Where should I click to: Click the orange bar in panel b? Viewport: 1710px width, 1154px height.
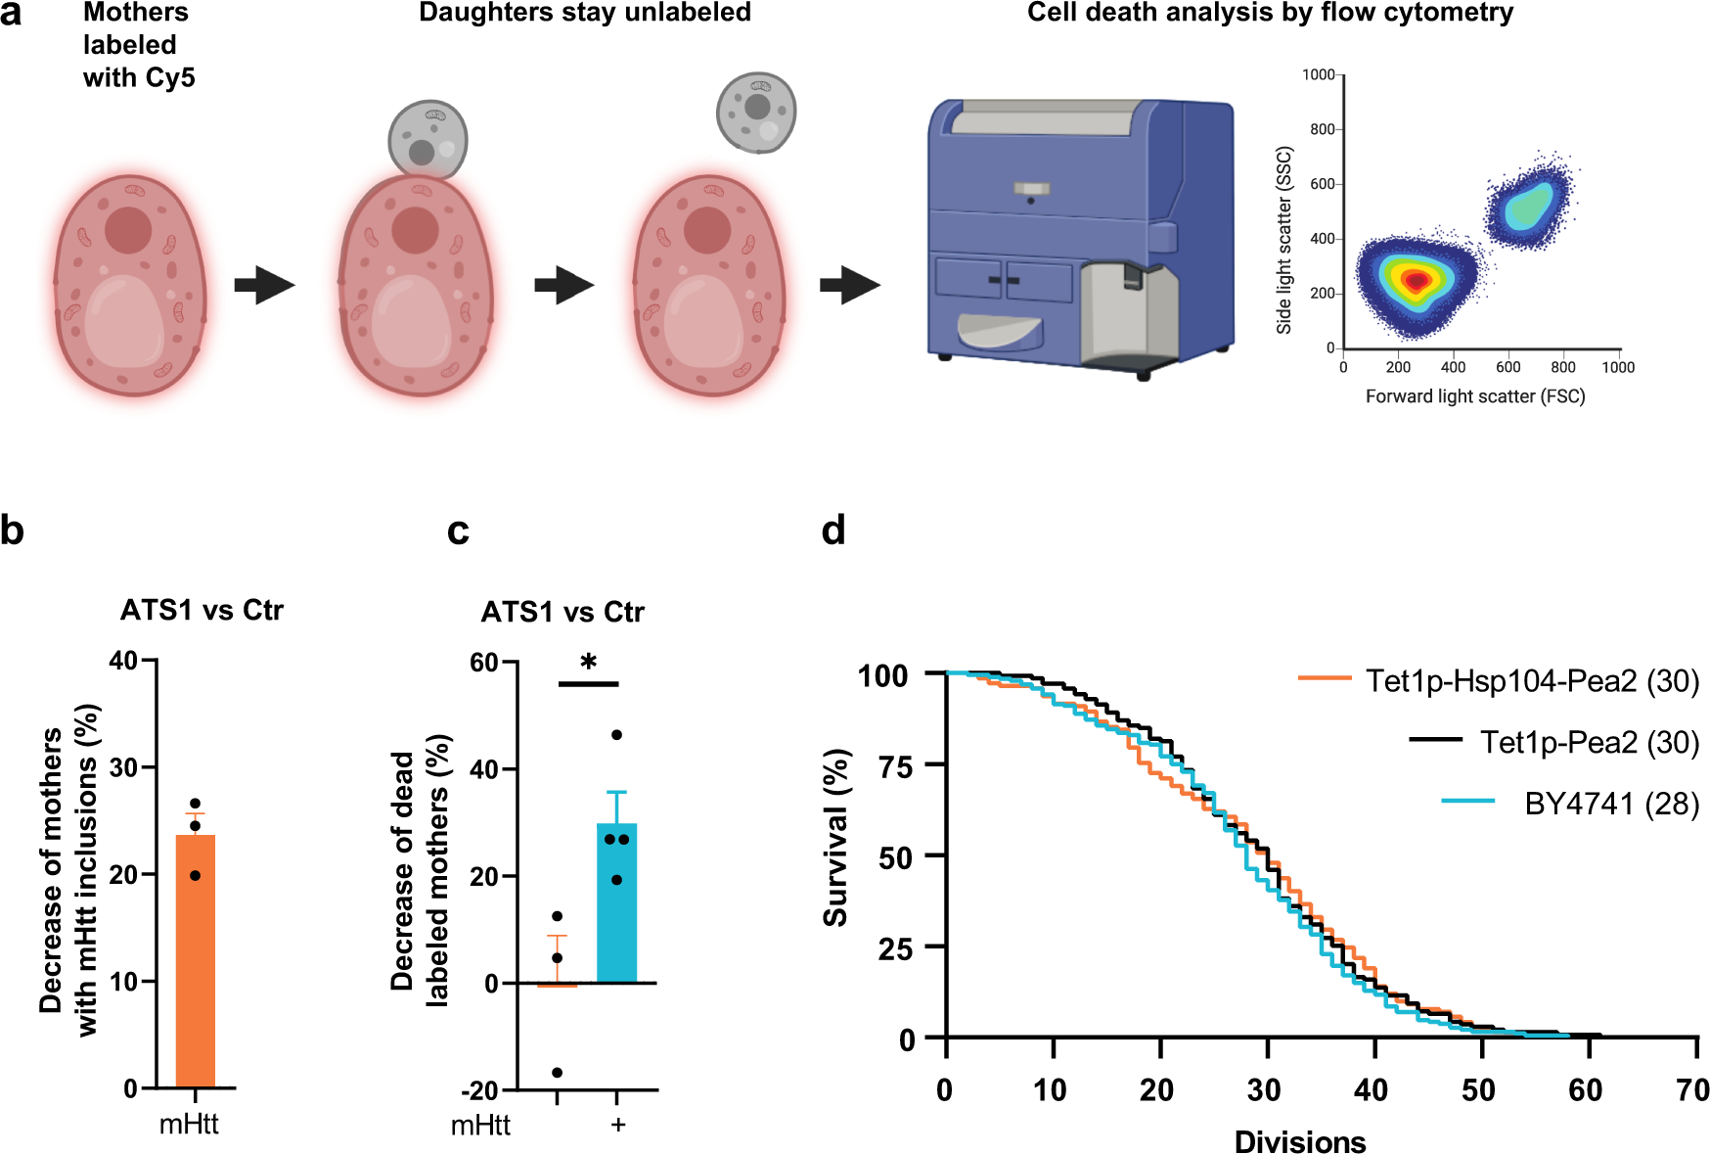point(195,959)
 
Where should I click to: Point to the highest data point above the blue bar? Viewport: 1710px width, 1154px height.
point(616,735)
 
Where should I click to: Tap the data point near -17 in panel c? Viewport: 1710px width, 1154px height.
point(558,1073)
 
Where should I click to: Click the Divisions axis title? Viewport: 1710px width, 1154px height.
point(1299,1141)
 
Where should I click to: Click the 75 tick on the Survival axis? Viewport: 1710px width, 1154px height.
point(895,766)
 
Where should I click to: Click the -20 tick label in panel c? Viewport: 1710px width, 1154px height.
point(478,1090)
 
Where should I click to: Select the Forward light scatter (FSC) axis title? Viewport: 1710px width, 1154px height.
point(1474,396)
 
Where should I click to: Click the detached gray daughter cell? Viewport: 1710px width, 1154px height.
point(756,112)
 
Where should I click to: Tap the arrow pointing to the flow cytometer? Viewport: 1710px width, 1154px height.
point(849,285)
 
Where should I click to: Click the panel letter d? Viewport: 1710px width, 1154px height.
point(833,531)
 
